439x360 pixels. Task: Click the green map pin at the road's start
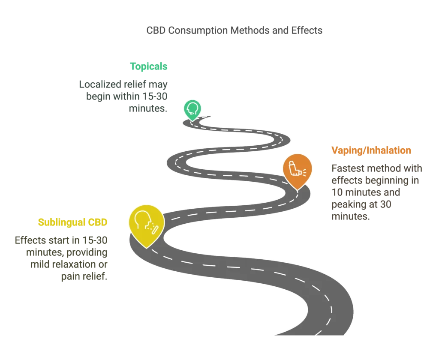[x=192, y=109]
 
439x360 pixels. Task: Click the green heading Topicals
[x=148, y=66]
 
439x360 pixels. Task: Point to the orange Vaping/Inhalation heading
[x=370, y=150]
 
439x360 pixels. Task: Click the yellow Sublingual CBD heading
[x=73, y=222]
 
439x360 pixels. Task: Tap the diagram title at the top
[x=232, y=30]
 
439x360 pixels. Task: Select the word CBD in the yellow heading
[x=99, y=222]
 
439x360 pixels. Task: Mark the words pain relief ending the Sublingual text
[x=83, y=277]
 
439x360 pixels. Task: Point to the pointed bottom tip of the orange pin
[x=297, y=189]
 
